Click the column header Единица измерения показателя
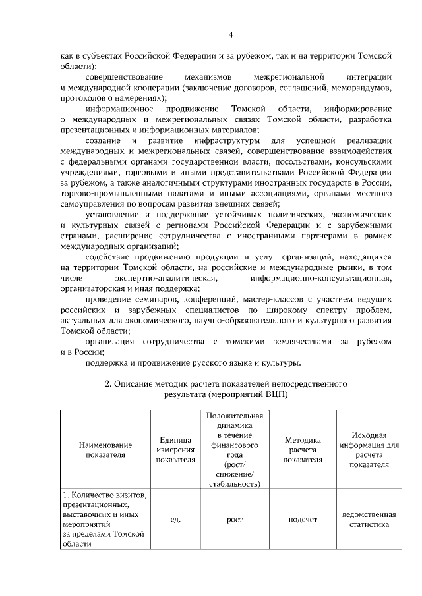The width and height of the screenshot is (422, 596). pos(175,449)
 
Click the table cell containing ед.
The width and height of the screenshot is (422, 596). pos(175,520)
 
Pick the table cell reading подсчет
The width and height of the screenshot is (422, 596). pos(303,520)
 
